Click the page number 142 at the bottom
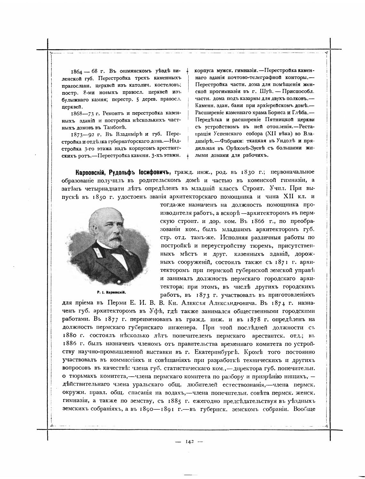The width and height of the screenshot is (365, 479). [190, 442]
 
